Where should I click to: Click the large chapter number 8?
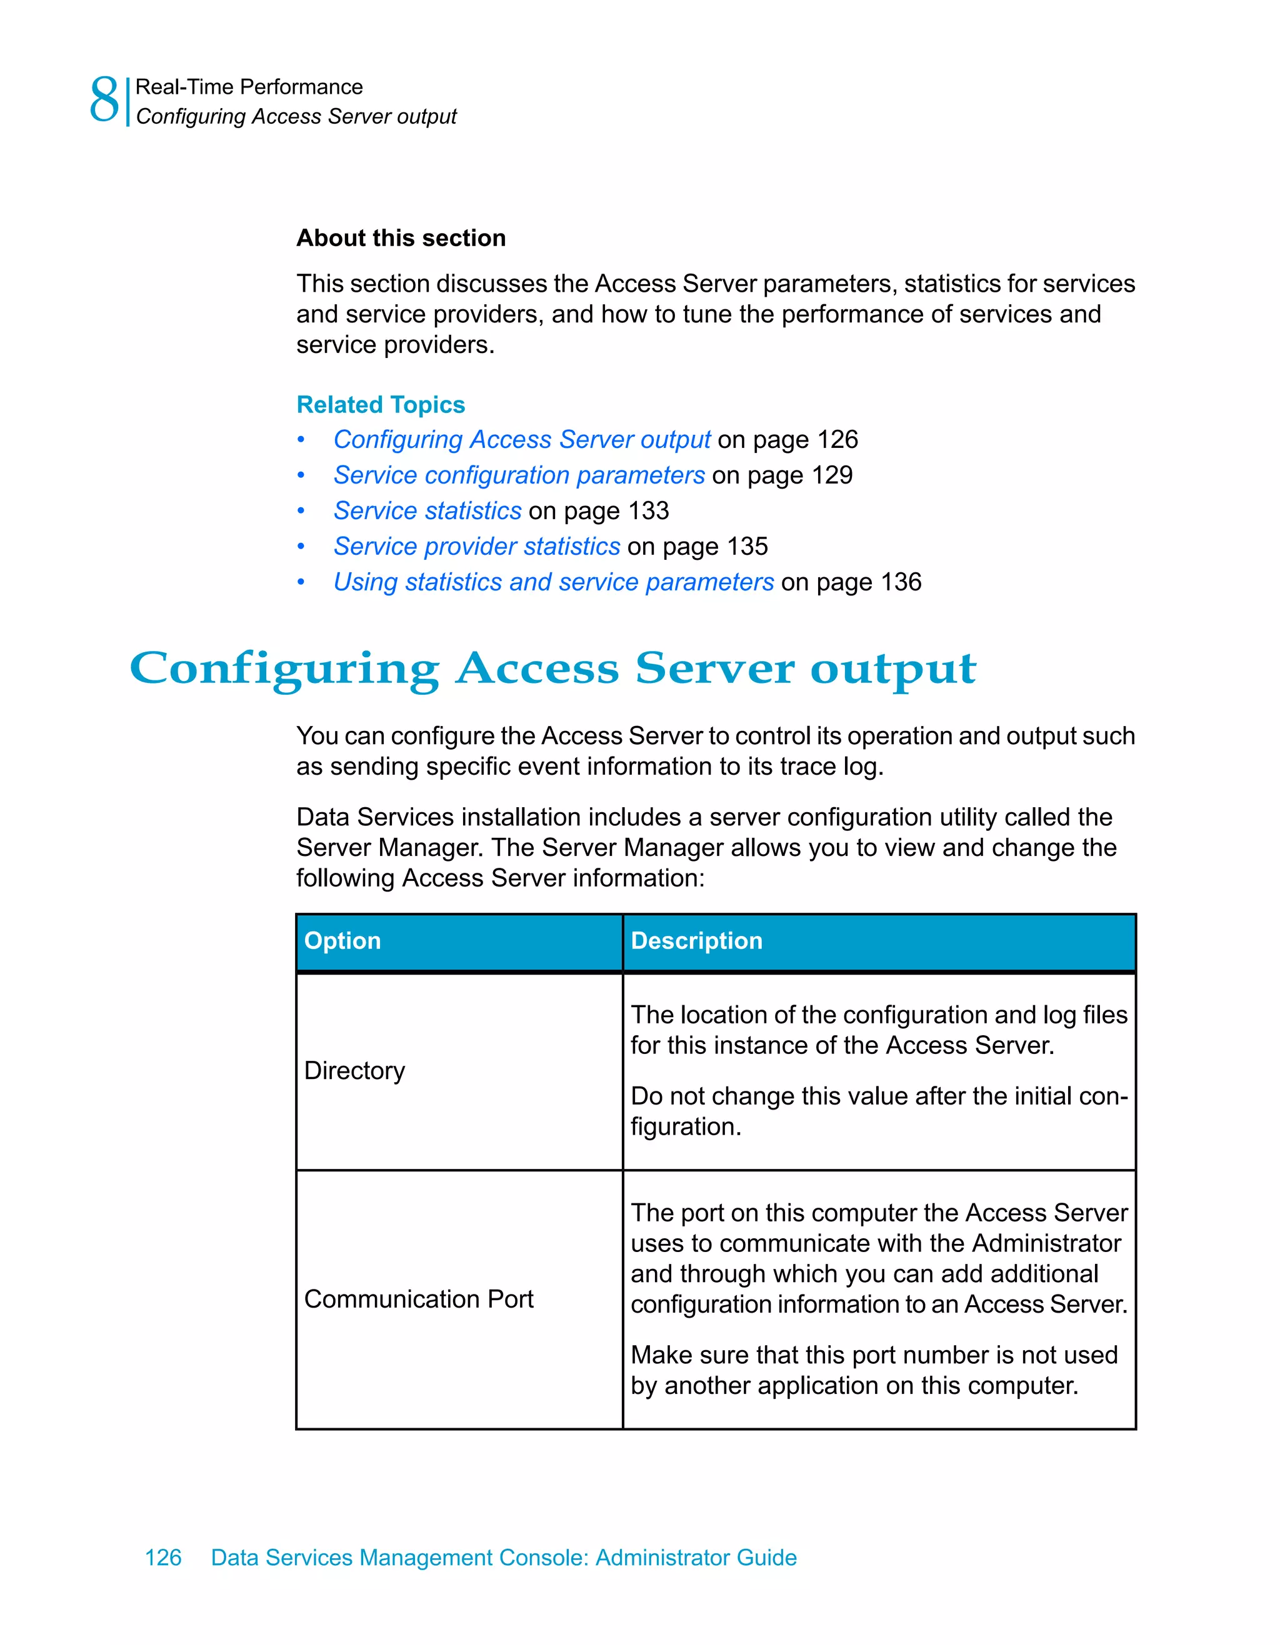coord(104,99)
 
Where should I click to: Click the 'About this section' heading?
coord(401,238)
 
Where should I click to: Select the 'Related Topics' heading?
coord(381,404)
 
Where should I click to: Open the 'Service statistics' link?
coord(427,510)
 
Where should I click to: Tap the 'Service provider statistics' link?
coord(477,546)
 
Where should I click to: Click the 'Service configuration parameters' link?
coord(519,475)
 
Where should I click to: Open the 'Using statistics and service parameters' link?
coord(554,582)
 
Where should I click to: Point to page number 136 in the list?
coord(901,582)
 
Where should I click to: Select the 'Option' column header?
coord(342,941)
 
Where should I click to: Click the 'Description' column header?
coord(696,941)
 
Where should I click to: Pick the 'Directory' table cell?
coord(355,1071)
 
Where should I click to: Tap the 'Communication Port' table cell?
coord(419,1300)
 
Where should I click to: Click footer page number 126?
coord(162,1558)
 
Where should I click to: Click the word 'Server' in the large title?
coord(714,669)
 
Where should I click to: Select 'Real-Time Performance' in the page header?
coord(249,87)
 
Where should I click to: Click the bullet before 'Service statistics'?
coord(301,512)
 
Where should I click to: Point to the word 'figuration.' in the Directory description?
coord(686,1127)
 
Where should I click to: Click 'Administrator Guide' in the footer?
coord(696,1558)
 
